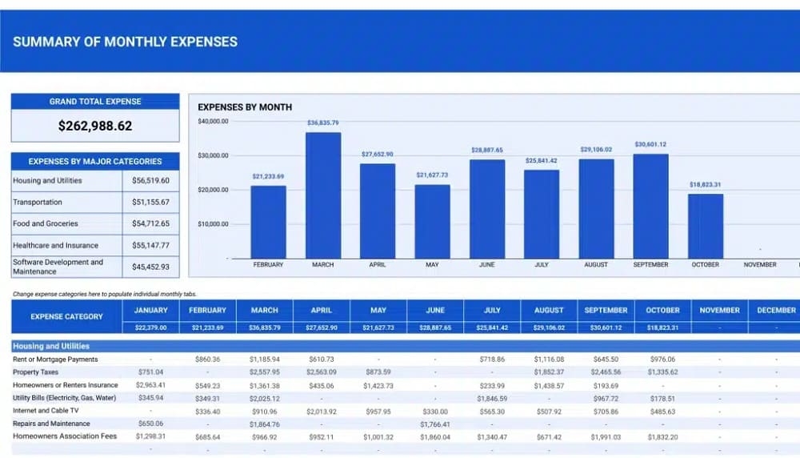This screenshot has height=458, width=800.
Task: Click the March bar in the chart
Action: [x=323, y=195]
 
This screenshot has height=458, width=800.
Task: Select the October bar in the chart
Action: [x=705, y=226]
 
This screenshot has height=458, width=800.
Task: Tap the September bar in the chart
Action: [x=650, y=206]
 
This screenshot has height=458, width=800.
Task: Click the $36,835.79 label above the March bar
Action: [x=323, y=123]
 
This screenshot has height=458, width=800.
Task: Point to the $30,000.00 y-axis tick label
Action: [x=213, y=155]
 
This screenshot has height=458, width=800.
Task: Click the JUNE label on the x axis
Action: [x=486, y=264]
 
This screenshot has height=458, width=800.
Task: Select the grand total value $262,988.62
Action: [x=95, y=126]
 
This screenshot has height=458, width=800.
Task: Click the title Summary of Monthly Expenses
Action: [x=125, y=42]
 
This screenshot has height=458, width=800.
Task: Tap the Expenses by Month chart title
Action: [x=245, y=106]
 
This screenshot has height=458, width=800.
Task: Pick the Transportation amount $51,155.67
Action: [x=150, y=203]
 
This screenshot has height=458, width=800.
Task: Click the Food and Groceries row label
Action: [x=46, y=223]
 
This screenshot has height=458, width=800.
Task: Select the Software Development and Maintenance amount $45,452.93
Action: [x=150, y=267]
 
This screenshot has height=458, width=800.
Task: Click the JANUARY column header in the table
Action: [x=151, y=310]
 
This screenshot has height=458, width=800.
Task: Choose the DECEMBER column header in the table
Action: [x=775, y=310]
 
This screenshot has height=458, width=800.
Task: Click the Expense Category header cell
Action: [x=66, y=316]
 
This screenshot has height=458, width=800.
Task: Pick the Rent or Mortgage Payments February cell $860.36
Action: [x=207, y=360]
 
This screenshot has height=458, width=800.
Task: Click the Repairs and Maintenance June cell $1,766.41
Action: [x=435, y=424]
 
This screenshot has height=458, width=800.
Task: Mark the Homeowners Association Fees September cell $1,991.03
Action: [x=606, y=437]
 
